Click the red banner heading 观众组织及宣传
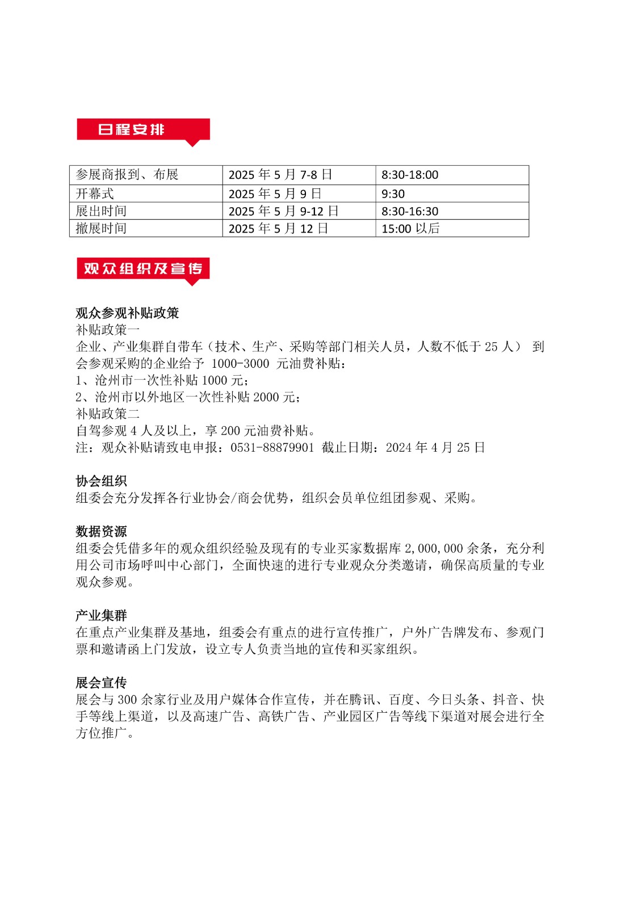[143, 268]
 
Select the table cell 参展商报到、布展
[127, 175]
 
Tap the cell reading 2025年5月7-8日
[280, 175]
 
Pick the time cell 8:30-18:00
[410, 175]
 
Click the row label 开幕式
[95, 194]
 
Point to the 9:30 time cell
[393, 194]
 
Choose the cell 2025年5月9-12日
[283, 211]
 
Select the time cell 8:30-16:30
[410, 211]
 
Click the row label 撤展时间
[101, 228]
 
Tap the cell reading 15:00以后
[410, 228]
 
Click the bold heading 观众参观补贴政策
[127, 313]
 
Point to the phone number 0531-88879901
[272, 448]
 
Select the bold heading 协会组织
[101, 481]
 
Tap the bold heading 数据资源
[101, 532]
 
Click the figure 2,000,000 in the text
[433, 549]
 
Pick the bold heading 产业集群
[101, 616]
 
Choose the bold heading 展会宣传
[101, 683]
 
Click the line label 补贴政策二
[107, 414]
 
